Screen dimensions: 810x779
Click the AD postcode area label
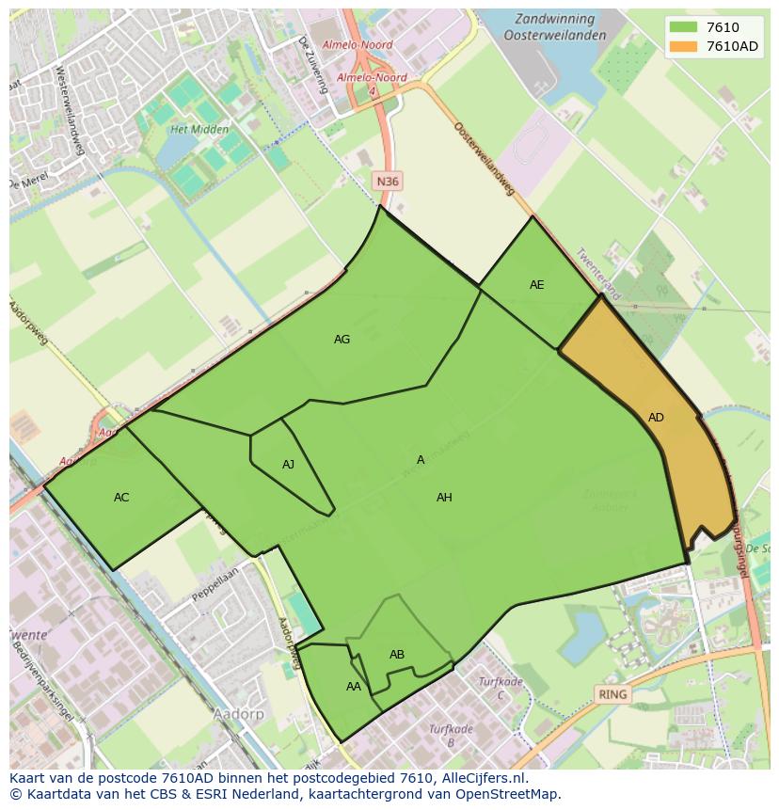click(656, 418)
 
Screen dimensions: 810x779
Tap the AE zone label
click(536, 285)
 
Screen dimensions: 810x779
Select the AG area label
click(342, 340)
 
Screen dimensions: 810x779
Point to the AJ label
click(288, 465)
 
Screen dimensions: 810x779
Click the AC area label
click(121, 498)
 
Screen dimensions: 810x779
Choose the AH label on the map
click(444, 498)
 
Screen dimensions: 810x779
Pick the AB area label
click(397, 655)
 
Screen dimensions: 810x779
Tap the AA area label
click(353, 687)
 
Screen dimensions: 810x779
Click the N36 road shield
click(387, 182)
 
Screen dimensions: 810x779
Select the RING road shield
click(612, 695)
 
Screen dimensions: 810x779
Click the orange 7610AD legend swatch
click(684, 47)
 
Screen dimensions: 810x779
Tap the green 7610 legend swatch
click(684, 28)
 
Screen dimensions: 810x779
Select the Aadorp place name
click(239, 715)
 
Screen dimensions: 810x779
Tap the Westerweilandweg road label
click(72, 104)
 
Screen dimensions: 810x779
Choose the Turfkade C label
click(501, 688)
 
